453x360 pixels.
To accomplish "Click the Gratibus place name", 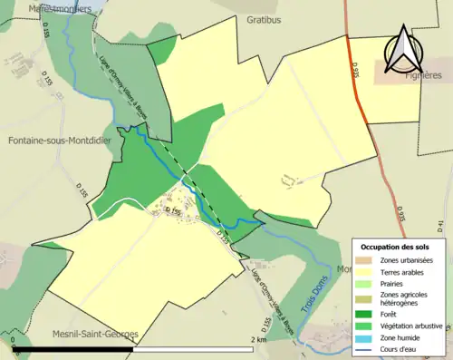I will [264, 18].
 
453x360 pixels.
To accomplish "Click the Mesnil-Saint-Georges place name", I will [95, 334].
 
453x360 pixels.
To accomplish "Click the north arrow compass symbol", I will [402, 50].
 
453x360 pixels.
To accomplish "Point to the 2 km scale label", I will [260, 339].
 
